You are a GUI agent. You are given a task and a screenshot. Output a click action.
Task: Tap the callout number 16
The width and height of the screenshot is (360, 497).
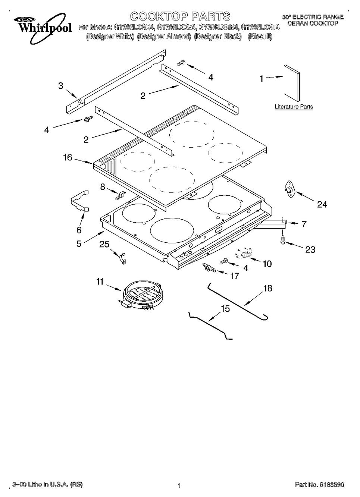coord(68,157)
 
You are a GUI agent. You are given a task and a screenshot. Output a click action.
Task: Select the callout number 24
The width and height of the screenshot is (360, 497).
coord(322,204)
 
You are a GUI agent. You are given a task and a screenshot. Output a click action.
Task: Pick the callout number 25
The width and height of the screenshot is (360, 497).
coord(104,245)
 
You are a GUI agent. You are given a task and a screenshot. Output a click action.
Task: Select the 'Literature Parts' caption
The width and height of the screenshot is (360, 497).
coord(294,107)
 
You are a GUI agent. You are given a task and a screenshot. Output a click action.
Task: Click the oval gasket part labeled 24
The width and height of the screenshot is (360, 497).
coord(289,188)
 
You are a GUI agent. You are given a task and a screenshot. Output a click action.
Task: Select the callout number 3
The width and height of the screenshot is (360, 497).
coord(61,86)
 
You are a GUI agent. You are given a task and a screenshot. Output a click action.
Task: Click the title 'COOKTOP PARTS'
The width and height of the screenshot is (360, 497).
coord(180,16)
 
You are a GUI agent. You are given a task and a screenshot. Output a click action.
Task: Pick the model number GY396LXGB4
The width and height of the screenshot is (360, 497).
coord(219,27)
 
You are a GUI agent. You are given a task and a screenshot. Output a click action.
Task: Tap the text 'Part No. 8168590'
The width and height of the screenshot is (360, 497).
coord(319,485)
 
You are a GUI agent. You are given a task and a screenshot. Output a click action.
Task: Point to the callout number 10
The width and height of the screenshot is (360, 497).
coord(267,264)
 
